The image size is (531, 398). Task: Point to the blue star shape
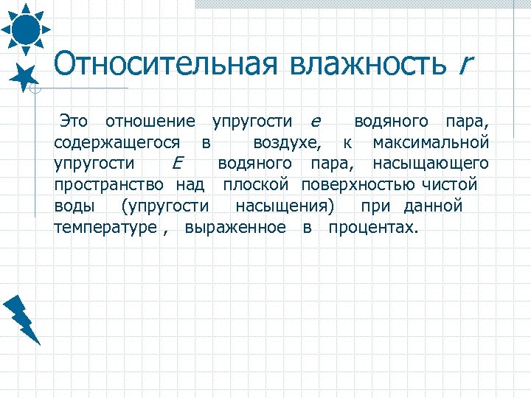click(x=26, y=76)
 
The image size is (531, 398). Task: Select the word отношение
click(x=150, y=121)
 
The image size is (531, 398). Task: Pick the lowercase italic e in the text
click(x=316, y=122)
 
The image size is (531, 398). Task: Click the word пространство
click(x=108, y=184)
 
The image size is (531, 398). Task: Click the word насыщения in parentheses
click(x=285, y=205)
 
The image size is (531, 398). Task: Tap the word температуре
click(x=105, y=227)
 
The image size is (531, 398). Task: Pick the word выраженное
click(x=236, y=227)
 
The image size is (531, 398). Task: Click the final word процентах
click(x=372, y=227)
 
